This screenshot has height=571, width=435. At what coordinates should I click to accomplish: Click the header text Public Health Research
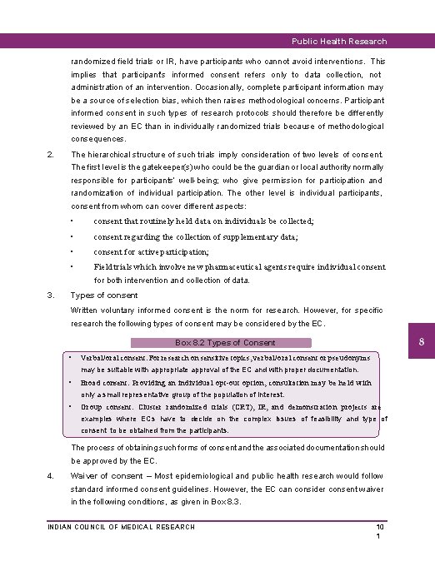click(337, 41)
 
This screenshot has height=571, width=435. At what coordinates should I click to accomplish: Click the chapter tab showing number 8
click(422, 342)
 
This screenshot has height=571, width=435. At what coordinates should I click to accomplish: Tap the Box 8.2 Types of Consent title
click(225, 342)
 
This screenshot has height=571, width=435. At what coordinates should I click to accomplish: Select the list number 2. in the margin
click(51, 154)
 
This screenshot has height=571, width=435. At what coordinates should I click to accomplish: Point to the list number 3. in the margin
click(51, 295)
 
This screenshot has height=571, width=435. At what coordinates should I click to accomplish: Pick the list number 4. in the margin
click(51, 475)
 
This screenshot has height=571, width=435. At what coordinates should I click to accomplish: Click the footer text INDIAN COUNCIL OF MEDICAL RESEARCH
click(121, 527)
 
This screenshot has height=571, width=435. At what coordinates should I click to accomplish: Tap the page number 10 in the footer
click(379, 527)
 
